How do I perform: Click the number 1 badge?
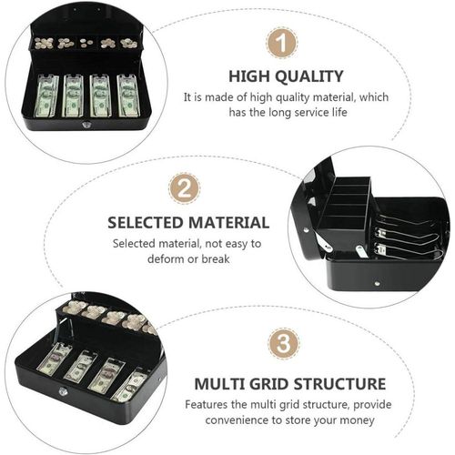pyautogui.click(x=282, y=43)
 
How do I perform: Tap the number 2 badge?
pyautogui.click(x=185, y=188)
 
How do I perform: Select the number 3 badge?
pyautogui.click(x=284, y=343)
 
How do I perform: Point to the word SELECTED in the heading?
pyautogui.click(x=146, y=222)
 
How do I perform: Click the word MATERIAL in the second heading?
pyautogui.click(x=228, y=222)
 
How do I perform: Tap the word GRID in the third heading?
pyautogui.click(x=268, y=384)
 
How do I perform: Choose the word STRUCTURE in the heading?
pyautogui.click(x=338, y=384)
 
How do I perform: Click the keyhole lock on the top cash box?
pyautogui.click(x=86, y=124)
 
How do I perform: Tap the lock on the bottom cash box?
pyautogui.click(x=63, y=391)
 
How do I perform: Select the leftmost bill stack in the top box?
pyautogui.click(x=47, y=96)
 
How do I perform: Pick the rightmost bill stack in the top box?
pyautogui.click(x=128, y=96)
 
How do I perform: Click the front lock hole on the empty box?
pyautogui.click(x=377, y=284)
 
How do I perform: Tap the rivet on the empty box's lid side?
pyautogui.click(x=307, y=230)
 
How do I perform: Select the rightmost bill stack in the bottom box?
pyautogui.click(x=130, y=386)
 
